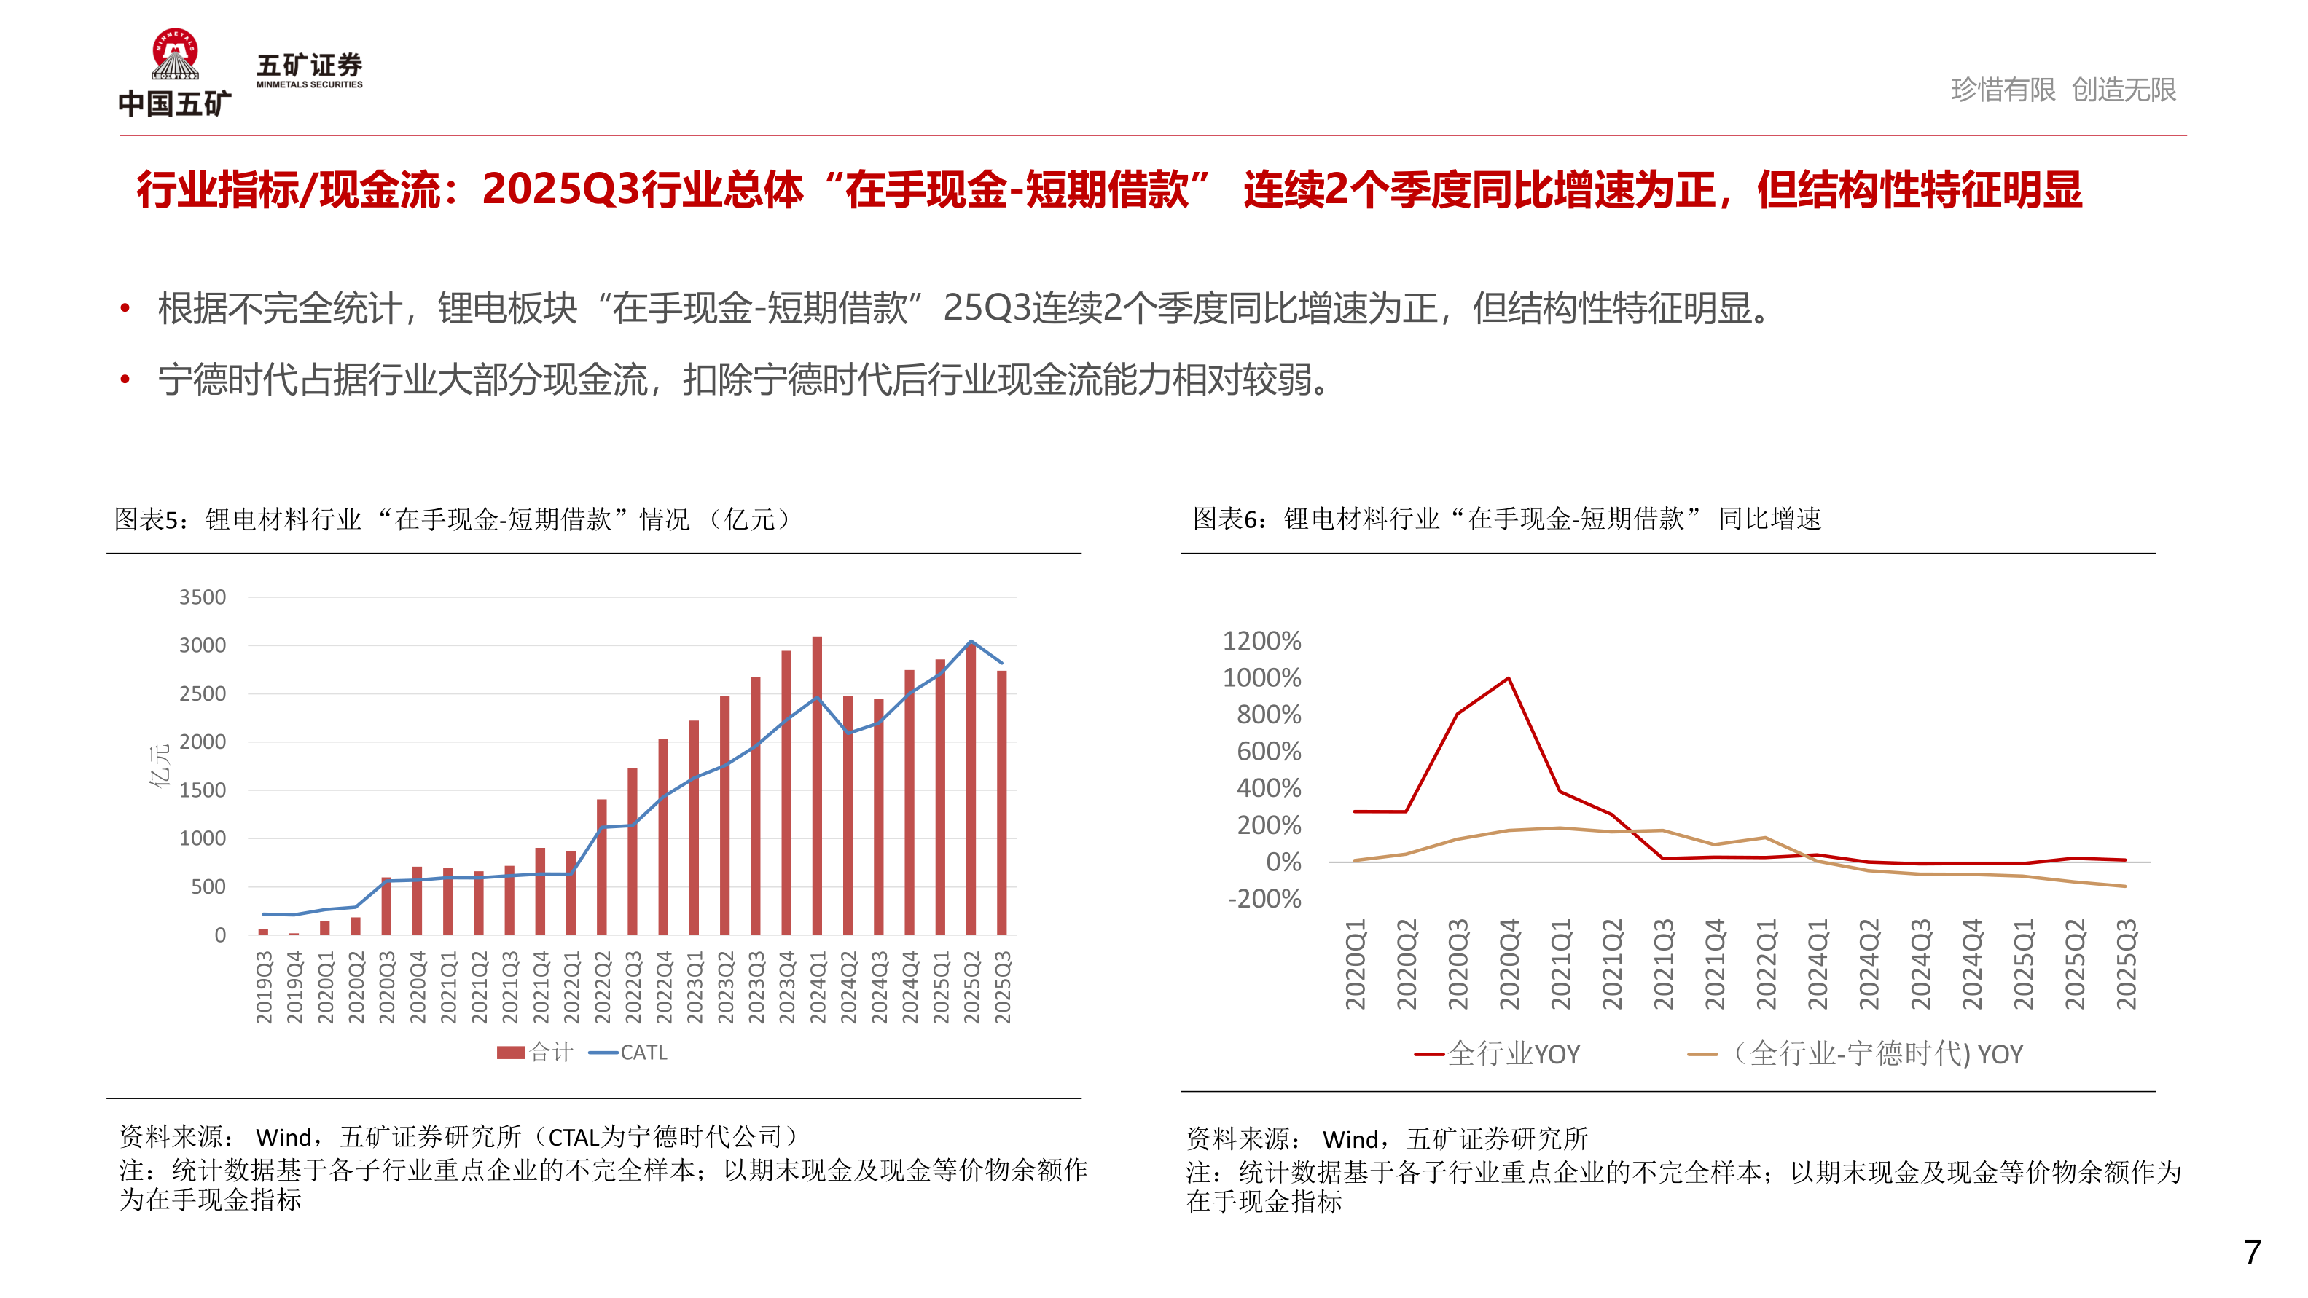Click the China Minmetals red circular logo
(175, 54)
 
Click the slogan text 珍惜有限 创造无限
(2062, 90)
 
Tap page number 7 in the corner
(2252, 1251)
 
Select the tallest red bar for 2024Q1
(817, 788)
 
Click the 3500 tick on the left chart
(203, 597)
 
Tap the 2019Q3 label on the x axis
(263, 987)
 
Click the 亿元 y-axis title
(160, 766)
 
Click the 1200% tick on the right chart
(1261, 642)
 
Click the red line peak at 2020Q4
(1509, 679)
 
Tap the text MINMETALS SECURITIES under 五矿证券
(309, 85)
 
